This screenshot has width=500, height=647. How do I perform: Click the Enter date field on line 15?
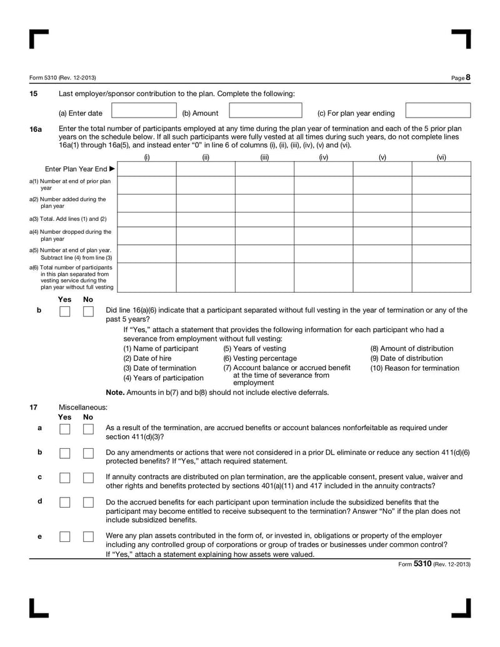pyautogui.click(x=144, y=111)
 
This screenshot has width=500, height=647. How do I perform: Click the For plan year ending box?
pyautogui.click(x=437, y=111)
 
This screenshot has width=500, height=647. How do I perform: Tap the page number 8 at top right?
pyautogui.click(x=467, y=78)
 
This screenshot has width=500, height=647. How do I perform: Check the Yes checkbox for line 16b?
pyautogui.click(x=64, y=311)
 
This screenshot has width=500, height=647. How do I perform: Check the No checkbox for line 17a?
pyautogui.click(x=88, y=429)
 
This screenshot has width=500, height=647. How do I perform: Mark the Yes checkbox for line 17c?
pyautogui.click(x=64, y=478)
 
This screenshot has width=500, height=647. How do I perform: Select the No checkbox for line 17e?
pyautogui.click(x=88, y=537)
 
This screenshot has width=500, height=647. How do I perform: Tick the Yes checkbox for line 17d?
pyautogui.click(x=64, y=503)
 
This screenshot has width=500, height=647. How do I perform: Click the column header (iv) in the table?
pyautogui.click(x=323, y=158)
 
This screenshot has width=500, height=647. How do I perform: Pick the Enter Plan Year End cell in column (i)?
pyautogui.click(x=146, y=169)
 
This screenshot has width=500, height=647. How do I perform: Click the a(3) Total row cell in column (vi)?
pyautogui.click(x=441, y=219)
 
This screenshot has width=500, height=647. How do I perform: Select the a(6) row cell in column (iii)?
pyautogui.click(x=264, y=277)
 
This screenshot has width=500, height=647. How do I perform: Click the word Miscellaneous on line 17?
pyautogui.click(x=82, y=407)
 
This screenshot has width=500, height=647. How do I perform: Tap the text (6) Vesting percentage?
pyautogui.click(x=260, y=358)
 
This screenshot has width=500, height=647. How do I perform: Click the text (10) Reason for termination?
pyautogui.click(x=414, y=368)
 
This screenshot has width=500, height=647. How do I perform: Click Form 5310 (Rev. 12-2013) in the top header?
pyautogui.click(x=62, y=78)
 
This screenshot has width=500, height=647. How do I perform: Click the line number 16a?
pyautogui.click(x=36, y=129)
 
